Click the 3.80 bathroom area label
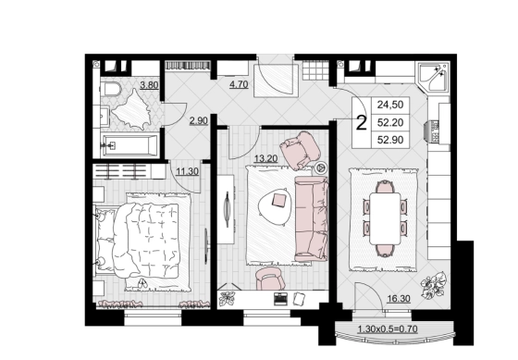tap(149, 85)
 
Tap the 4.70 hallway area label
tap(239, 84)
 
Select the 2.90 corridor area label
tap(199, 120)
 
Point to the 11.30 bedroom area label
tap(187, 171)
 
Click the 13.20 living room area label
tap(265, 159)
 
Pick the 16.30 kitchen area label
tap(399, 299)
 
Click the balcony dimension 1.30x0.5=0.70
tap(388, 329)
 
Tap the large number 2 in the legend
tap(362, 123)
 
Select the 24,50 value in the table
tap(390, 105)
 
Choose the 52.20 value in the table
tap(390, 123)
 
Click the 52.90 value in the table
tap(390, 140)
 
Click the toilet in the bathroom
tap(110, 89)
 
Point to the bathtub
tap(129, 145)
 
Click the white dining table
tap(385, 218)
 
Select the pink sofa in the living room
tap(312, 218)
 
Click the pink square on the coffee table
tap(279, 200)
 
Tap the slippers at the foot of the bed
tap(142, 282)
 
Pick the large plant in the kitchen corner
tap(434, 285)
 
